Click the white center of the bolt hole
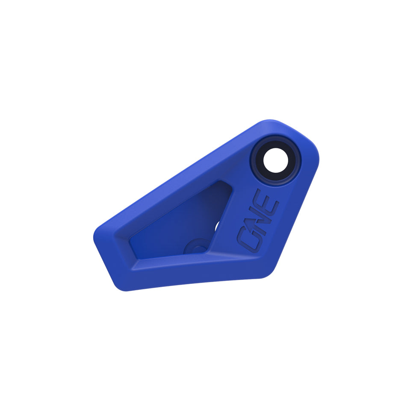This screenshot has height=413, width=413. [276, 161]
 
